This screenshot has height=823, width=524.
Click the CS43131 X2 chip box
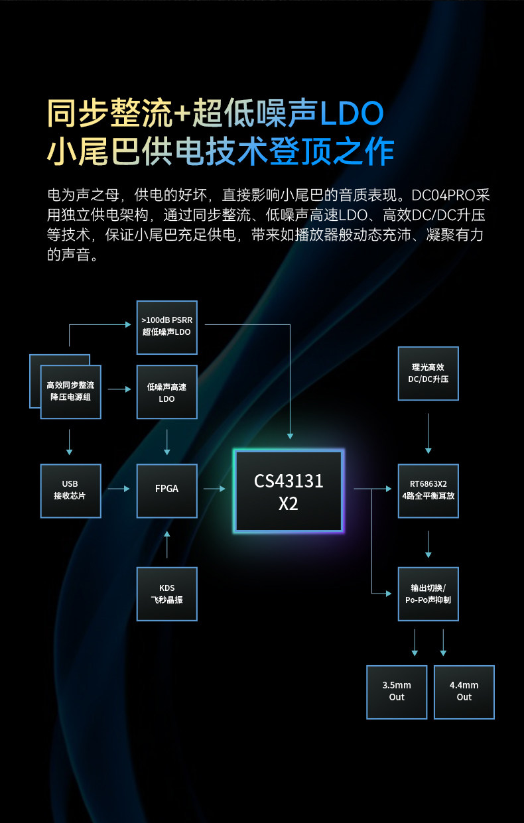(x=289, y=491)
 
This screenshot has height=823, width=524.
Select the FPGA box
(x=166, y=489)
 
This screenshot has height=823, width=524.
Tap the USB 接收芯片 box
(x=70, y=489)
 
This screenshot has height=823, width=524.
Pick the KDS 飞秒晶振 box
(x=166, y=594)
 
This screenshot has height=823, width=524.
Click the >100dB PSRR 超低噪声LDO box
(x=166, y=326)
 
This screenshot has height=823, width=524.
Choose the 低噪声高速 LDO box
(x=166, y=392)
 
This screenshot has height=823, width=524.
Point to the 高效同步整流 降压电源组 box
(x=70, y=392)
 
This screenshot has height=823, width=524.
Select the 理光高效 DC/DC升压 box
(x=428, y=373)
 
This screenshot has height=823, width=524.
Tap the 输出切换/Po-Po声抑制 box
(x=428, y=594)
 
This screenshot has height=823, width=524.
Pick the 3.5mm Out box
(x=397, y=692)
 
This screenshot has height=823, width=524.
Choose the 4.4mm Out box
(x=464, y=692)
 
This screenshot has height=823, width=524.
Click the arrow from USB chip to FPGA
(x=119, y=489)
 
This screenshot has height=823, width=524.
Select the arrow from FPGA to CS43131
(x=214, y=489)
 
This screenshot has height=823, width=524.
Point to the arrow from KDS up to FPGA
(x=166, y=544)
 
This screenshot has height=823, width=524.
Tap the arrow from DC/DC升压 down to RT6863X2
(x=428, y=433)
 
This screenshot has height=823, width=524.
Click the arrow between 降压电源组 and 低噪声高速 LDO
(x=119, y=389)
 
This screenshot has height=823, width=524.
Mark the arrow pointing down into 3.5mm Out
(x=415, y=643)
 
